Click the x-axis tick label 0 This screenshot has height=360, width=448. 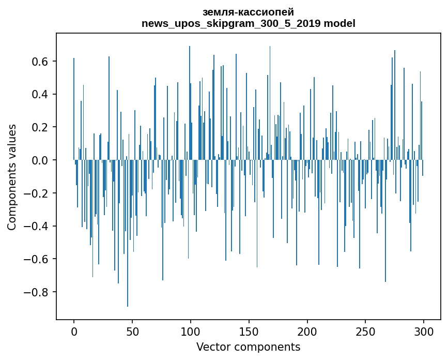(x=74, y=331)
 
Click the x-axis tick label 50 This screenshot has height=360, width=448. (x=132, y=331)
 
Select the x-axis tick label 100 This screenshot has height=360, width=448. (x=191, y=331)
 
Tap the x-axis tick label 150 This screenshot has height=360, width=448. (x=249, y=331)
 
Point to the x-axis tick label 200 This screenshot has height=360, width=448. (x=307, y=331)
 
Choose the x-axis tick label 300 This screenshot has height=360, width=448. (x=424, y=331)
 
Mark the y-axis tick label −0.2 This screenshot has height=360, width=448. (x=36, y=193)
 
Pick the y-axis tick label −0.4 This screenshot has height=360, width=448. (x=36, y=226)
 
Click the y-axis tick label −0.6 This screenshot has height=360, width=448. (x=36, y=259)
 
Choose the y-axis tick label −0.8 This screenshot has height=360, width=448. (x=36, y=292)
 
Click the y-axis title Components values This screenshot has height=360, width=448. (x=12, y=177)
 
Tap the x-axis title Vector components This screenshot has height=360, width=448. (x=248, y=347)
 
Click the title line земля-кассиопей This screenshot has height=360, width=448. (x=248, y=12)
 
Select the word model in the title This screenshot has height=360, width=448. (x=340, y=23)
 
